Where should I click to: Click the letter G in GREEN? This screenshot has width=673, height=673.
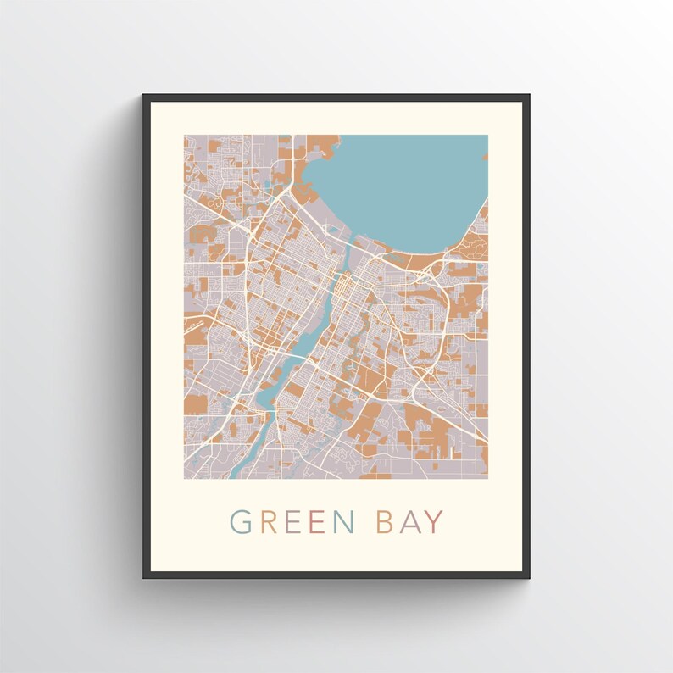pyautogui.click(x=242, y=522)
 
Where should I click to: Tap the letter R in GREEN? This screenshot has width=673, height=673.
pyautogui.click(x=269, y=522)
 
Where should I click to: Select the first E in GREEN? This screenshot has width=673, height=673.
pyautogui.click(x=293, y=522)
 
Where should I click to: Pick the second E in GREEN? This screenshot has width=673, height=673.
pyautogui.click(x=317, y=522)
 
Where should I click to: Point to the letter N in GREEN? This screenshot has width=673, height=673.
pyautogui.click(x=343, y=522)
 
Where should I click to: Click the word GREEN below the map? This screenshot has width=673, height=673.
pyautogui.click(x=292, y=522)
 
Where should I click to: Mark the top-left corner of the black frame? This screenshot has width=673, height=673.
pyautogui.click(x=143, y=95)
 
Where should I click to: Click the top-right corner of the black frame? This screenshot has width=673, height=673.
pyautogui.click(x=530, y=95)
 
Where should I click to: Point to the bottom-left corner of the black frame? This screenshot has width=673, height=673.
pyautogui.click(x=143, y=578)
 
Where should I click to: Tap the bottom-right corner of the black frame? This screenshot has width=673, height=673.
pyautogui.click(x=530, y=578)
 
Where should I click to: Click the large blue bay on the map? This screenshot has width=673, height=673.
pyautogui.click(x=398, y=186)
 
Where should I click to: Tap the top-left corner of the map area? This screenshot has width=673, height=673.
pyautogui.click(x=185, y=136)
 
